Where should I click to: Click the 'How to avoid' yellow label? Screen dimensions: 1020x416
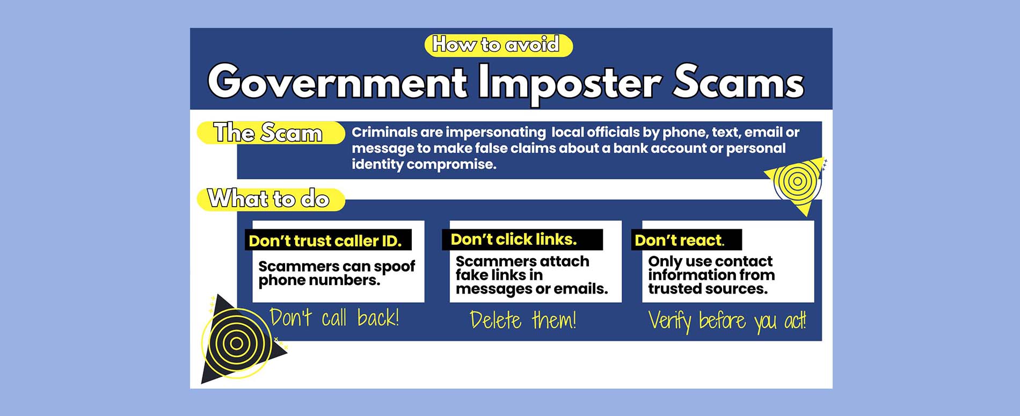tap(498, 45)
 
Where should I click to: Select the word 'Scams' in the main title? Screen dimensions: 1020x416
tap(738, 82)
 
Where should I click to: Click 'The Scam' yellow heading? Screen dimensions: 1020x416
tap(271, 133)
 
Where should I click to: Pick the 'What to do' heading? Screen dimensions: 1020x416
tap(271, 199)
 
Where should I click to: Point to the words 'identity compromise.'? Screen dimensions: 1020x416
tap(424, 164)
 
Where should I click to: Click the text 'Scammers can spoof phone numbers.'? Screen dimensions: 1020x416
tap(337, 273)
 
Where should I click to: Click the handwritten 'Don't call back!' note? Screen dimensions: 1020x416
tap(334, 318)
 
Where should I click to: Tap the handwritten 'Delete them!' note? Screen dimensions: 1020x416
tap(523, 320)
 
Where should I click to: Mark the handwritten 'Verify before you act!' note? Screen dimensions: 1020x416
tap(727, 322)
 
